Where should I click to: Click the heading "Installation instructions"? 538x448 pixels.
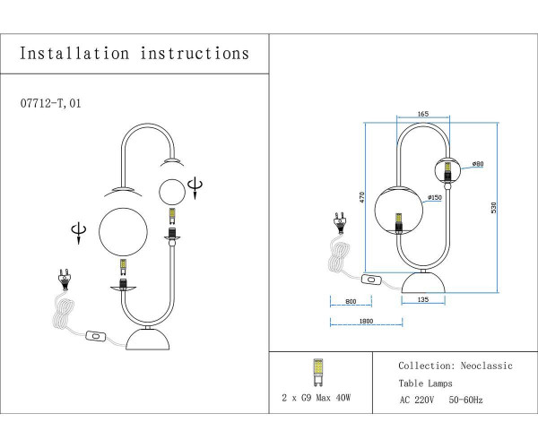point(134,54)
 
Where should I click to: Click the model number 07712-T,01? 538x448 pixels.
point(56,104)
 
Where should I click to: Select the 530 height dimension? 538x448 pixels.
point(493,207)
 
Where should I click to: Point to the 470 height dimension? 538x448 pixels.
point(361,197)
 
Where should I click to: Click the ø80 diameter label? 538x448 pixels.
point(478,164)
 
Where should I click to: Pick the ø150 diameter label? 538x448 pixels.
point(434,197)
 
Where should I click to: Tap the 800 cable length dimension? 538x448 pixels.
point(351,302)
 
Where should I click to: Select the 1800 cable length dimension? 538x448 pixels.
point(365,320)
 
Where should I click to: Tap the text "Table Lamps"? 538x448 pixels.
point(426,383)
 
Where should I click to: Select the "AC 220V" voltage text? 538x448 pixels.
point(417,400)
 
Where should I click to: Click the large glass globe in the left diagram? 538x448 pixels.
point(124,231)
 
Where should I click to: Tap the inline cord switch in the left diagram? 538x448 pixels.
point(94,338)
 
